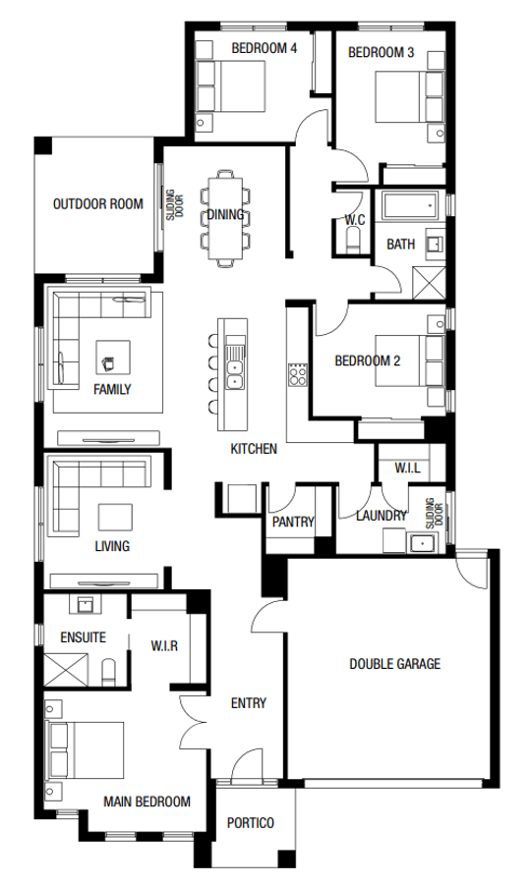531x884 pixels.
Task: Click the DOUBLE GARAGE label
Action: point(394,663)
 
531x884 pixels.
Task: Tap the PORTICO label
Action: point(250,823)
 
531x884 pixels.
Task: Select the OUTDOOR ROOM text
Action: point(97,204)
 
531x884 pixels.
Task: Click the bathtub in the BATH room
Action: point(411,206)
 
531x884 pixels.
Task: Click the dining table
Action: point(224,217)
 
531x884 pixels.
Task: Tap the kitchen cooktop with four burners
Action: point(297,374)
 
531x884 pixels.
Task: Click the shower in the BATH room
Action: point(430,282)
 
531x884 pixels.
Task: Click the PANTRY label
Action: point(292,523)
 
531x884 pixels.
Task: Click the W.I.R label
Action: point(164,645)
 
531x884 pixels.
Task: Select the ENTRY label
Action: point(249,703)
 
